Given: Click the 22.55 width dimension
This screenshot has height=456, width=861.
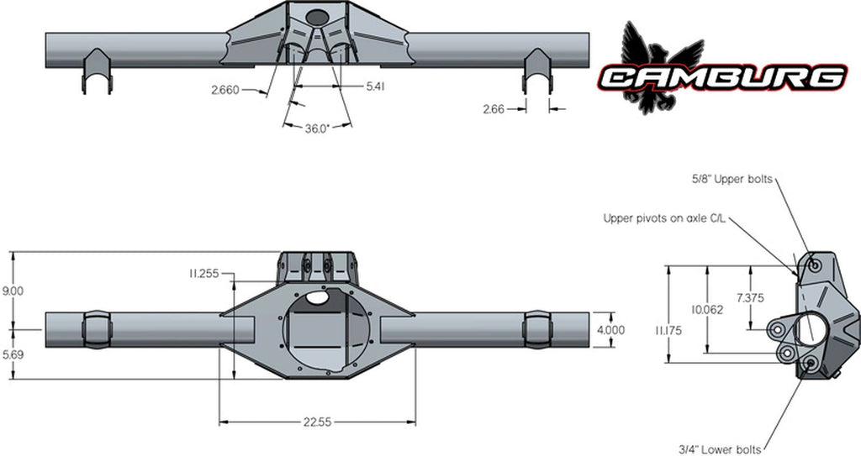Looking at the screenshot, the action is coord(317,422).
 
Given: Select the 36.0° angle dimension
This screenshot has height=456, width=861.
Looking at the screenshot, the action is coord(317,129).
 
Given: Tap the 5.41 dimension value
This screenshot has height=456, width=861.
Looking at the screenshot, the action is coord(374,86).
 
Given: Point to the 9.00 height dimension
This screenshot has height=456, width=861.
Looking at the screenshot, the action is coord(13,291).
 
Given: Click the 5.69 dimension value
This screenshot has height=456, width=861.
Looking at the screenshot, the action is coord(13,355).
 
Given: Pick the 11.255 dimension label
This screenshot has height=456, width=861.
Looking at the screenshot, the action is coord(203,273).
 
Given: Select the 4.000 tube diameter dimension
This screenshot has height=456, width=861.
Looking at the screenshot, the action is coord(610,330).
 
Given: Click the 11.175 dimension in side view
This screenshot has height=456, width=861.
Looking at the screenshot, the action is coord(668,331).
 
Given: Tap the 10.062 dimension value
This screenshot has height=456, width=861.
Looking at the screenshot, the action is coord(708,310).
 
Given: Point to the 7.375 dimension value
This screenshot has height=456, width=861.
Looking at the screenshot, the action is coord(750,298).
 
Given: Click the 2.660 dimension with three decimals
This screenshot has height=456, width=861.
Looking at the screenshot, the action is coord(225,90).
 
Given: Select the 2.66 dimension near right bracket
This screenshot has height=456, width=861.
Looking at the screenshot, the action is coord(494,110).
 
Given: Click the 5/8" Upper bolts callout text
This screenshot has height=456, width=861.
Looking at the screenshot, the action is coord(732,179).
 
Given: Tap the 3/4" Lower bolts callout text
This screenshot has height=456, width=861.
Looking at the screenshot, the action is coord(720,450).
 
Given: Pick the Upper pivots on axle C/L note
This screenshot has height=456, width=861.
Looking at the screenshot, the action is coord(664,218).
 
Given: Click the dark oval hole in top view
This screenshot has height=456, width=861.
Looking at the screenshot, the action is coord(317,17).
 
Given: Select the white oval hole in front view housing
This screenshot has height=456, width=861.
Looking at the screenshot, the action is coord(317,297).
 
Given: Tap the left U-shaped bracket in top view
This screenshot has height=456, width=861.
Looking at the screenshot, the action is coord(98,71).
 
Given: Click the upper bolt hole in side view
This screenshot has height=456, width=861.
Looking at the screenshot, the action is coord(816,265).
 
